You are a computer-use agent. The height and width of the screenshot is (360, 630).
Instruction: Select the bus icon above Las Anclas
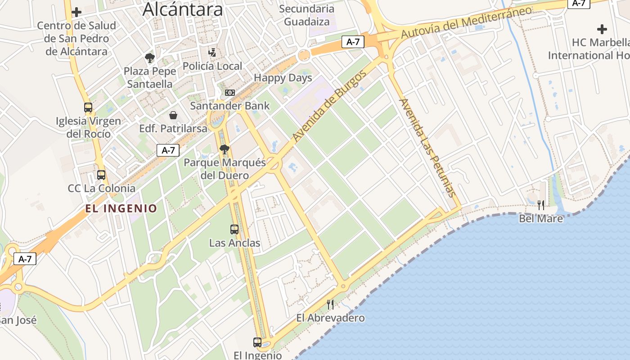[x=234, y=229]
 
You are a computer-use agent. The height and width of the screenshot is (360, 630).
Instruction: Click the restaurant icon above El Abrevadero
[x=330, y=305]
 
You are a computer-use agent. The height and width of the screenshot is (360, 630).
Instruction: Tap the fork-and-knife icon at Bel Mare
[x=541, y=205]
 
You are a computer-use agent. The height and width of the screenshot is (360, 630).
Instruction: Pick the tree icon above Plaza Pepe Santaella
[x=150, y=58]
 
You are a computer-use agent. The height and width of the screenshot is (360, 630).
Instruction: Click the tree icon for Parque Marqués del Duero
[x=224, y=149]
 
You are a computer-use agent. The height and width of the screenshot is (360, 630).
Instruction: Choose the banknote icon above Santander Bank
[x=229, y=93]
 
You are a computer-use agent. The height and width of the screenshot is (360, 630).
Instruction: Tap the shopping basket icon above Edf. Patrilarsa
[x=173, y=115]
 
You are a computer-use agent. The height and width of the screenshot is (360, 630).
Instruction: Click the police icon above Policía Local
[x=212, y=53]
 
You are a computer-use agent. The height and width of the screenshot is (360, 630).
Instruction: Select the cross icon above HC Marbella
[x=602, y=30]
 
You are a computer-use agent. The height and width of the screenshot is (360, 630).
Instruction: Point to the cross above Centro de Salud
[x=76, y=12]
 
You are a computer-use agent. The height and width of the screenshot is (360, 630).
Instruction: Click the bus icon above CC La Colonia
[x=101, y=175]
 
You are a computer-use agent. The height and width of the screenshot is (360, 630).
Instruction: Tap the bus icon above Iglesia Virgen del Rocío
[x=88, y=108]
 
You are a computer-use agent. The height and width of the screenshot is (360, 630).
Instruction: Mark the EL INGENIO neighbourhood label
[x=121, y=208]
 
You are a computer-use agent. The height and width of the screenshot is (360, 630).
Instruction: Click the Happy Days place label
[x=283, y=78]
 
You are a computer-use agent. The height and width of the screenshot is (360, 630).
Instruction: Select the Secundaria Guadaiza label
[x=306, y=15]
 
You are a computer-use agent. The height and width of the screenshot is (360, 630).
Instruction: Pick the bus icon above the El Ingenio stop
[x=257, y=342]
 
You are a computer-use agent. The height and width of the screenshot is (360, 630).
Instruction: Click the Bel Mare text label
[x=540, y=219]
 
